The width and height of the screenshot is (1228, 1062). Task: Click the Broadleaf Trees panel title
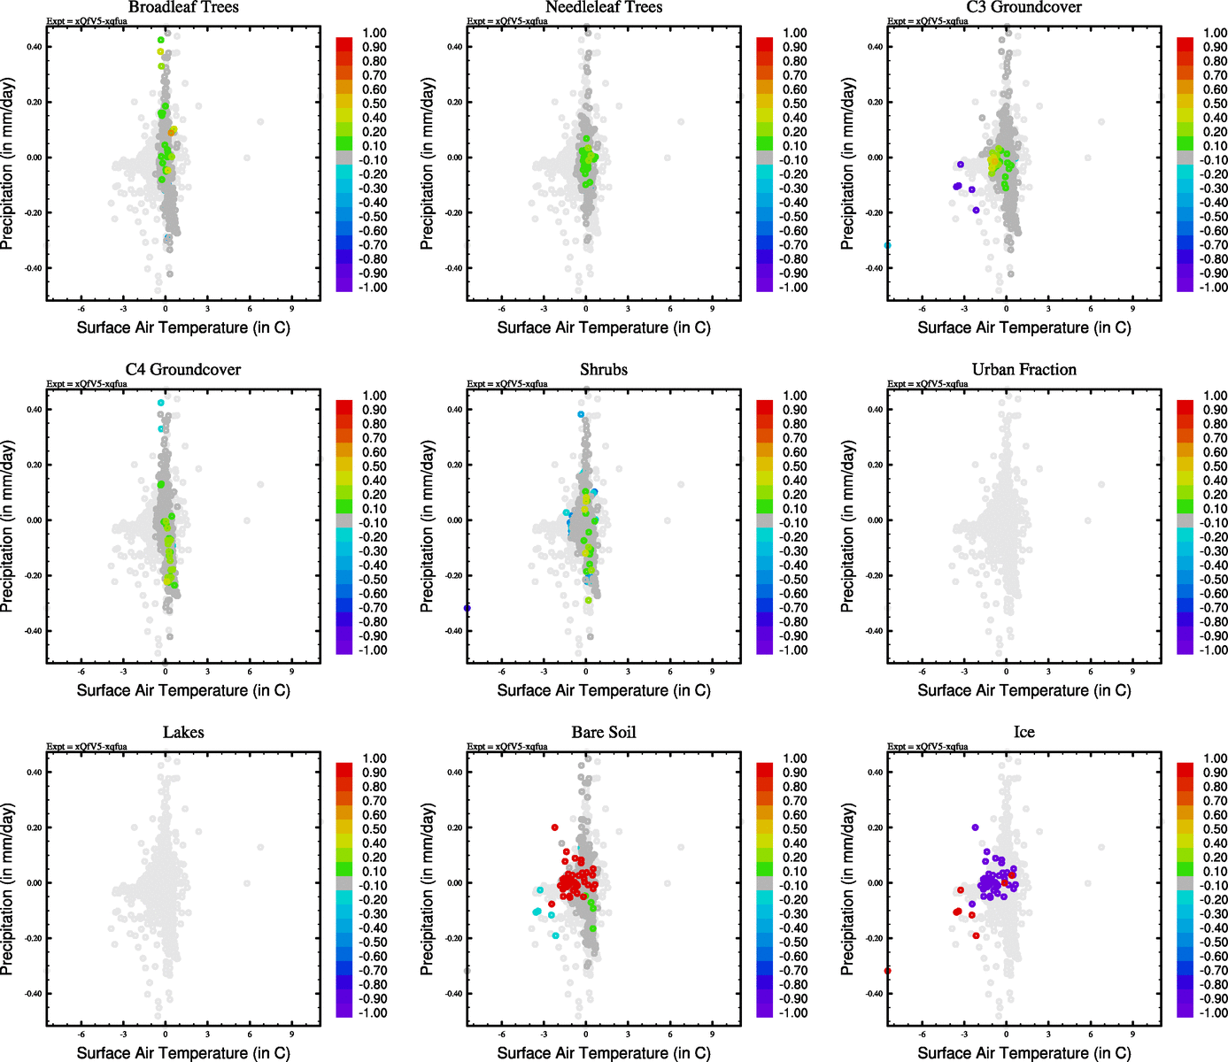[183, 7]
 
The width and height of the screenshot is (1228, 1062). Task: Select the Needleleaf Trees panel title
[604, 7]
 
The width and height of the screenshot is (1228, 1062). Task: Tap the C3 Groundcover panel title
[1023, 7]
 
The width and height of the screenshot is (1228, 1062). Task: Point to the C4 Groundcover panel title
[183, 370]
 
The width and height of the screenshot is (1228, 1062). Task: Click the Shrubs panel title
[604, 370]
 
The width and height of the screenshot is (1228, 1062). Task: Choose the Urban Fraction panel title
[1023, 370]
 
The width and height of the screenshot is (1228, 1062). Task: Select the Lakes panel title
[183, 733]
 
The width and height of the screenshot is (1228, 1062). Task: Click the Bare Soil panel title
[604, 733]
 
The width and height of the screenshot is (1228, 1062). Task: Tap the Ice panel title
[1023, 733]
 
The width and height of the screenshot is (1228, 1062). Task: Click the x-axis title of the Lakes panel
[183, 1053]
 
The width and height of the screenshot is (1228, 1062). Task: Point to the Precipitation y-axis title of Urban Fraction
[847, 527]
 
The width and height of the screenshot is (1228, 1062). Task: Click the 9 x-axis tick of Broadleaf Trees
[291, 309]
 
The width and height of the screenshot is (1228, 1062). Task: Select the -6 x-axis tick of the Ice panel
[922, 1035]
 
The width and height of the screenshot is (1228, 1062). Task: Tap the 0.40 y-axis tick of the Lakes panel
[34, 773]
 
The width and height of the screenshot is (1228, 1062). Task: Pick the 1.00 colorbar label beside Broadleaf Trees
[375, 33]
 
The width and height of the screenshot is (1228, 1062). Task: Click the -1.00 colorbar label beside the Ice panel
[1213, 1013]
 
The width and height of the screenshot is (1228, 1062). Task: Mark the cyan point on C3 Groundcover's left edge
[888, 245]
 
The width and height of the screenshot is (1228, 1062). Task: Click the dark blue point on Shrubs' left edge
[467, 608]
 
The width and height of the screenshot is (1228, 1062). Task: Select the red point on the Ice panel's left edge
[888, 971]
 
